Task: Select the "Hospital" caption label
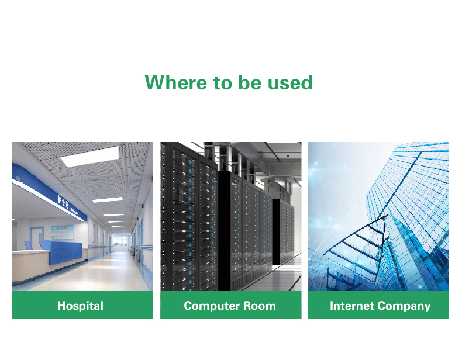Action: tap(81, 306)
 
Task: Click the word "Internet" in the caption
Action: tap(352, 306)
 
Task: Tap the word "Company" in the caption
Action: tap(404, 306)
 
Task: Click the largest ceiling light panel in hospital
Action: tap(90, 156)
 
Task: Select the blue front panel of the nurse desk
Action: tap(62, 252)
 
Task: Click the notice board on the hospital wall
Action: tap(62, 232)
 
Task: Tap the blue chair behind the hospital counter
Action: tap(28, 245)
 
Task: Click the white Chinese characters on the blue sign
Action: tap(63, 202)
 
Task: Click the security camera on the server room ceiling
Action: tap(288, 155)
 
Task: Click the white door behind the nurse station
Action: tap(37, 238)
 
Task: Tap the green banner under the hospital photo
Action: tap(82, 304)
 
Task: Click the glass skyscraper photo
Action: tap(378, 216)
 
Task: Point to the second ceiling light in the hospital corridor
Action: tap(107, 200)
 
